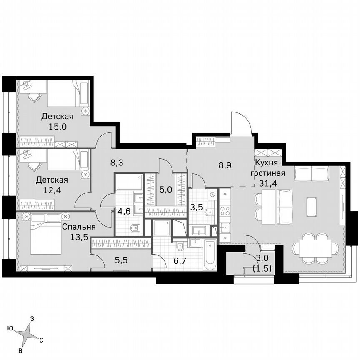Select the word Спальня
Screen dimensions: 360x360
(79, 227)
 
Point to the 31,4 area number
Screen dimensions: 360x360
(270, 183)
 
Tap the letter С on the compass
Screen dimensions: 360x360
(41, 340)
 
